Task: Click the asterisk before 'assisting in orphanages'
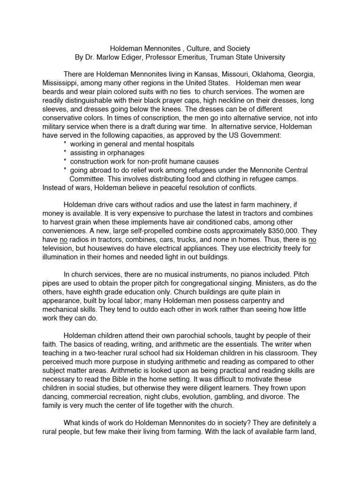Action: [x=65, y=153]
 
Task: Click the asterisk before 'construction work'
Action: [x=65, y=162]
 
